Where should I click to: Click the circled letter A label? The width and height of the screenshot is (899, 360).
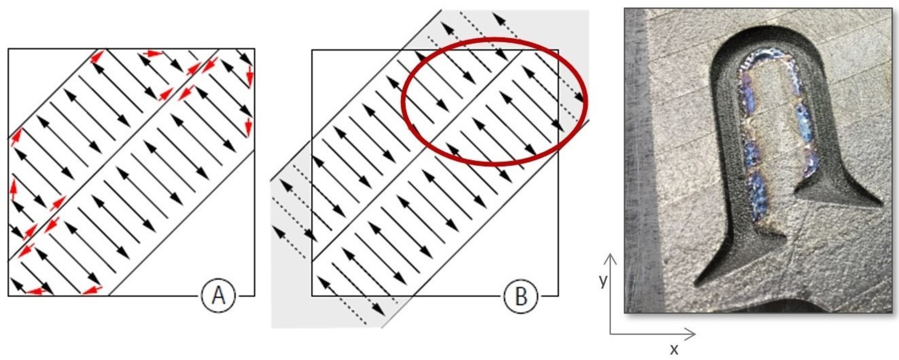click(219, 296)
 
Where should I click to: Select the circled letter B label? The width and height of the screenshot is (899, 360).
click(521, 296)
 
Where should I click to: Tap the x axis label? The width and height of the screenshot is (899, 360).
click(674, 349)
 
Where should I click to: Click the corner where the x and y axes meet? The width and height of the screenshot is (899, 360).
click(610, 334)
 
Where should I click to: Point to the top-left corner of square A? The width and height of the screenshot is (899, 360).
click(8, 49)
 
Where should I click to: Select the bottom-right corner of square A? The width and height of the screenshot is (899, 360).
click(254, 296)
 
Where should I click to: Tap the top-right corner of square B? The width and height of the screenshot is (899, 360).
click(558, 50)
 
